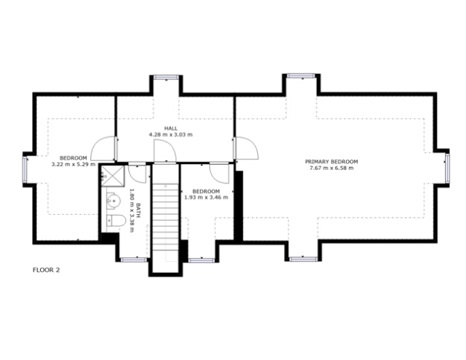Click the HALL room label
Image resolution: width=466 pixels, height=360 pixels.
click(x=171, y=128)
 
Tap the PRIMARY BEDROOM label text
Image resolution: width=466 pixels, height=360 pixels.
click(x=332, y=162)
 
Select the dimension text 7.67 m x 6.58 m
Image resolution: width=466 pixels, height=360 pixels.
click(x=332, y=168)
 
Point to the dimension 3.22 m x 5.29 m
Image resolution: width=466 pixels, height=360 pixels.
click(x=73, y=164)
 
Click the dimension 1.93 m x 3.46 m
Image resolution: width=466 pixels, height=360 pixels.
click(x=207, y=198)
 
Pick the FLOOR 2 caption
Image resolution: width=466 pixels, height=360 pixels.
click(x=46, y=270)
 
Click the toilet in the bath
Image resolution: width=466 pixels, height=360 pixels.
click(x=116, y=221)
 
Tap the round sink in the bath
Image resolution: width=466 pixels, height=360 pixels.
click(x=113, y=200)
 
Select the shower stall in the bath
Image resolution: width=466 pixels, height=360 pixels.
click(x=113, y=176)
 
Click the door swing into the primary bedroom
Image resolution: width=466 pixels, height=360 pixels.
click(x=246, y=148)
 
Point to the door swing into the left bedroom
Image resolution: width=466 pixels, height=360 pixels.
click(x=103, y=148)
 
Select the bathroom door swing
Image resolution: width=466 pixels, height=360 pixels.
click(x=138, y=173)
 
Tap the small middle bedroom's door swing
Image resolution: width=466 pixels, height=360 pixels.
click(x=219, y=173)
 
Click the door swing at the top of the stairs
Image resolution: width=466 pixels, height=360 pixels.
click(x=165, y=151)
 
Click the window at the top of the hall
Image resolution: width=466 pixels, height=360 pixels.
click(x=166, y=78)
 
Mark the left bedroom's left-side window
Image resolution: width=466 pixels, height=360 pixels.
click(x=25, y=170)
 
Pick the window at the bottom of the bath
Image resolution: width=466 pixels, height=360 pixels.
click(x=133, y=259)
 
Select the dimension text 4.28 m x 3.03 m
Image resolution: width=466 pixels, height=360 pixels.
click(x=171, y=135)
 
